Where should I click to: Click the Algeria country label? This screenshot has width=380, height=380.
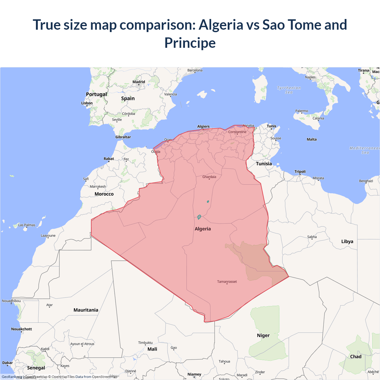click(203, 229)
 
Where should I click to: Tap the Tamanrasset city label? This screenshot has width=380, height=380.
click(227, 281)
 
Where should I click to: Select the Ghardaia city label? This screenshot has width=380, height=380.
click(209, 177)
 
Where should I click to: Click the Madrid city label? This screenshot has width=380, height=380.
click(139, 82)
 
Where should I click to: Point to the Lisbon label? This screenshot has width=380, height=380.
click(87, 103)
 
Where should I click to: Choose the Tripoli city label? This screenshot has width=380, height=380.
click(300, 172)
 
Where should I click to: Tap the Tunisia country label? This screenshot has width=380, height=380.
click(264, 164)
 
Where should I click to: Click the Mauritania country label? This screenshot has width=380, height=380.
click(86, 310)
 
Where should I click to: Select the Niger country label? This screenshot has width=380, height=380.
click(263, 335)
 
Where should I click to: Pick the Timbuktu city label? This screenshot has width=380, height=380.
click(145, 343)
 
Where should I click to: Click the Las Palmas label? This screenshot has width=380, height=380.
click(27, 225)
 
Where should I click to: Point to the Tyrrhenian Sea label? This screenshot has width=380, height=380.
click(289, 90)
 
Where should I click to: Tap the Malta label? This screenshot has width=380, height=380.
click(312, 139)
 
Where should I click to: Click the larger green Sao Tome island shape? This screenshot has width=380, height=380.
click(199, 217)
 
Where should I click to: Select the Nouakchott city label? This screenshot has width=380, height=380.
click(21, 329)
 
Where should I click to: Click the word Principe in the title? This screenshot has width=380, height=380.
click(190, 43)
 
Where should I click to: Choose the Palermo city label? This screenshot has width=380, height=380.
click(302, 111)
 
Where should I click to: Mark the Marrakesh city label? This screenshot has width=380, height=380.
click(98, 186)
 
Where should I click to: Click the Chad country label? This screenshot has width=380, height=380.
click(356, 357)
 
